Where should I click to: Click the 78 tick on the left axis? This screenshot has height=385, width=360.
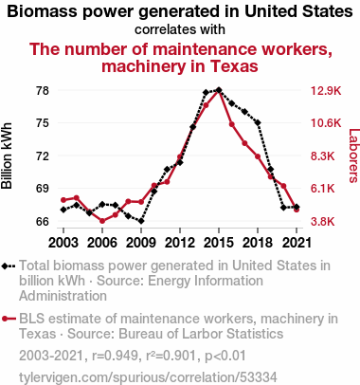tap(43, 91)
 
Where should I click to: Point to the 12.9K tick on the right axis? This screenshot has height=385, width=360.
tap(326, 91)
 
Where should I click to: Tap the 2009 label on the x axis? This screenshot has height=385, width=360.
tap(141, 243)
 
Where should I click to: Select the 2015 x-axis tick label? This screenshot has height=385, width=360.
tap(219, 243)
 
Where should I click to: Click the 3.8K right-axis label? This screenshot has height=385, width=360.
tap(322, 222)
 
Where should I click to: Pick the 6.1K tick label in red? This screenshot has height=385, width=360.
tap(322, 189)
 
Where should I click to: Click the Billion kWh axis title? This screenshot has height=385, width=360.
tap(7, 156)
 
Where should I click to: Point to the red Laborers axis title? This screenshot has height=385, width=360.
tap(353, 156)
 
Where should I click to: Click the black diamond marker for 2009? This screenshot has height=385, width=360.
tap(141, 221)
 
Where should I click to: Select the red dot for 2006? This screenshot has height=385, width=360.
tap(102, 221)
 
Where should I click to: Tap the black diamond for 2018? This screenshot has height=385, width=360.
tap(258, 122)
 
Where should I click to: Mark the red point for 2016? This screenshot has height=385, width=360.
tap(232, 124)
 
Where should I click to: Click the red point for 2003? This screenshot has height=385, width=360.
tap(63, 200)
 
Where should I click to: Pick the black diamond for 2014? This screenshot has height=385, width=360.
tap(206, 93)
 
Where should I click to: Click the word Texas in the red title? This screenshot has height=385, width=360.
tap(234, 66)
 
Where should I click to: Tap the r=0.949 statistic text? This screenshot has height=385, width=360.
tap(115, 356)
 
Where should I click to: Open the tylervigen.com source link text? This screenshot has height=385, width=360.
tap(148, 377)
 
